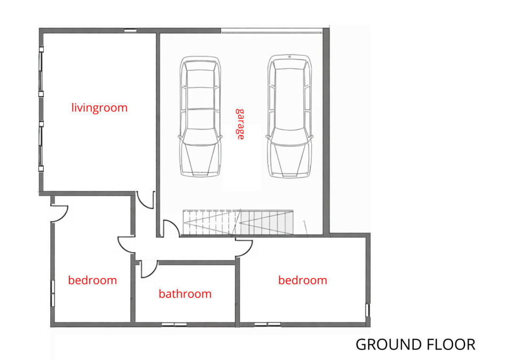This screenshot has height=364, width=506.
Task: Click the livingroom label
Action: tap(99, 108)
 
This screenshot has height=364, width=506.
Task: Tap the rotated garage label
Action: tap(240, 124)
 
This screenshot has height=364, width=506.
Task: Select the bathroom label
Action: tap(185, 294)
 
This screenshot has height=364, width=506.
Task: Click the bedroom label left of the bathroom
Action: tap(93, 280)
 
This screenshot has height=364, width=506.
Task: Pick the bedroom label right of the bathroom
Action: tap(303, 280)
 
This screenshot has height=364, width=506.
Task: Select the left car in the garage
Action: tap(200, 116)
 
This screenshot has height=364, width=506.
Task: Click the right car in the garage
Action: tap(289, 116)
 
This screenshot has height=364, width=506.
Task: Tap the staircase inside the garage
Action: tap(238, 223)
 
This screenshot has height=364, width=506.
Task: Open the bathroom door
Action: tap(149, 269)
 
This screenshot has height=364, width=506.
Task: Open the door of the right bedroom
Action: tap(243, 248)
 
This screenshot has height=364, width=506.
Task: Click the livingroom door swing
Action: tap(145, 200)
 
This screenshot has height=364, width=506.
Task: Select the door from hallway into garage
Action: tap(171, 229)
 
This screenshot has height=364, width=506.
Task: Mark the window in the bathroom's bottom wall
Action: tap(174, 325)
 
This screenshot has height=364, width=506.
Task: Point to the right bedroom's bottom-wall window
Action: tap(267, 325)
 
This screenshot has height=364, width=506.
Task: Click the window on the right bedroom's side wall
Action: tap(367, 310)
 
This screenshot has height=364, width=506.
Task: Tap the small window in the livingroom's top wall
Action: tap(130, 30)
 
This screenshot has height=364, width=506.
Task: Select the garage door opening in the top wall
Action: tap(272, 30)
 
